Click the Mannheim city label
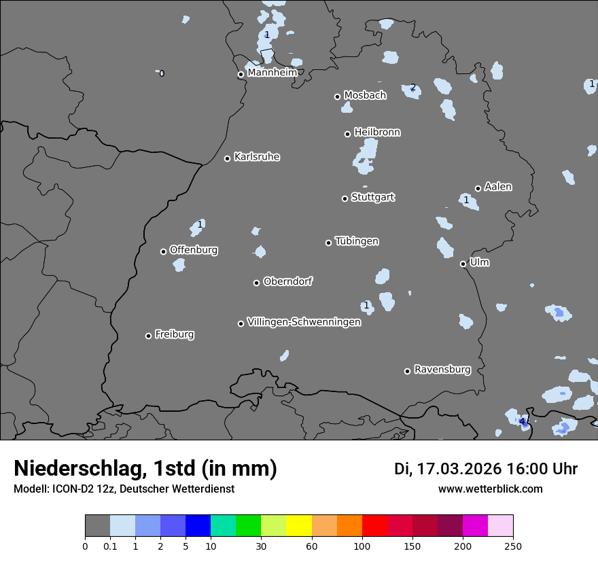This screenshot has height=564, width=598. coord(272,73)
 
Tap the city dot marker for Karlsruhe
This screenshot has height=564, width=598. coord(228,158)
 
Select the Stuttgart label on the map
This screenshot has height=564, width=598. coord(372,197)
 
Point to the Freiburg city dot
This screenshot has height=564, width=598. coord(148,336)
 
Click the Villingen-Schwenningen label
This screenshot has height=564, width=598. coord(304,322)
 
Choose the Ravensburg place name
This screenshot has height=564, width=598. coord(442,370)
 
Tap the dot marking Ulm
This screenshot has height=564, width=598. coord(463,264)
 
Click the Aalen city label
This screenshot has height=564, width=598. coord(498,187)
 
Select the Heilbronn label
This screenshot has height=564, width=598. coord(377,133)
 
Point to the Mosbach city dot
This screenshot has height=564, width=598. coord(337,96)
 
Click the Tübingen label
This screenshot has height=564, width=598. coord(357,241)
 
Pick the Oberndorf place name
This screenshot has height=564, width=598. coord(287,281)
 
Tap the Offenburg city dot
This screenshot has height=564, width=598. coord(163,251)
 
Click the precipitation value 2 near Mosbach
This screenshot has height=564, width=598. coord(412,88)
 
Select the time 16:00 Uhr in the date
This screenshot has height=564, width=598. coord(542,469)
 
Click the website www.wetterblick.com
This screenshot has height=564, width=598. coord(490,489)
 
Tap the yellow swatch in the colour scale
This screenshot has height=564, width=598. coord(299,526)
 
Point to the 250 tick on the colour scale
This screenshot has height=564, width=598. coord(513,546)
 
